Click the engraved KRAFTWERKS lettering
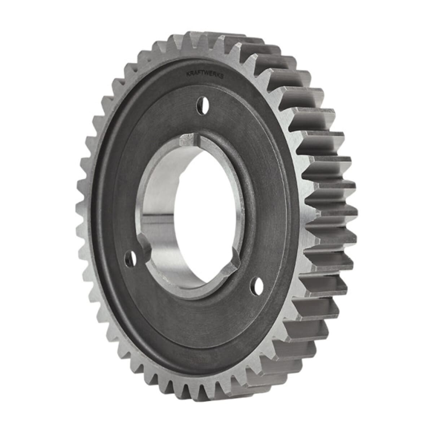pos(205,74)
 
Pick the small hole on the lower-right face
pos(257,286)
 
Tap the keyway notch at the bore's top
pos(189,138)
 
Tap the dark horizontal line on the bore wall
pos(159,215)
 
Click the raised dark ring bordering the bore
pos(253,202)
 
